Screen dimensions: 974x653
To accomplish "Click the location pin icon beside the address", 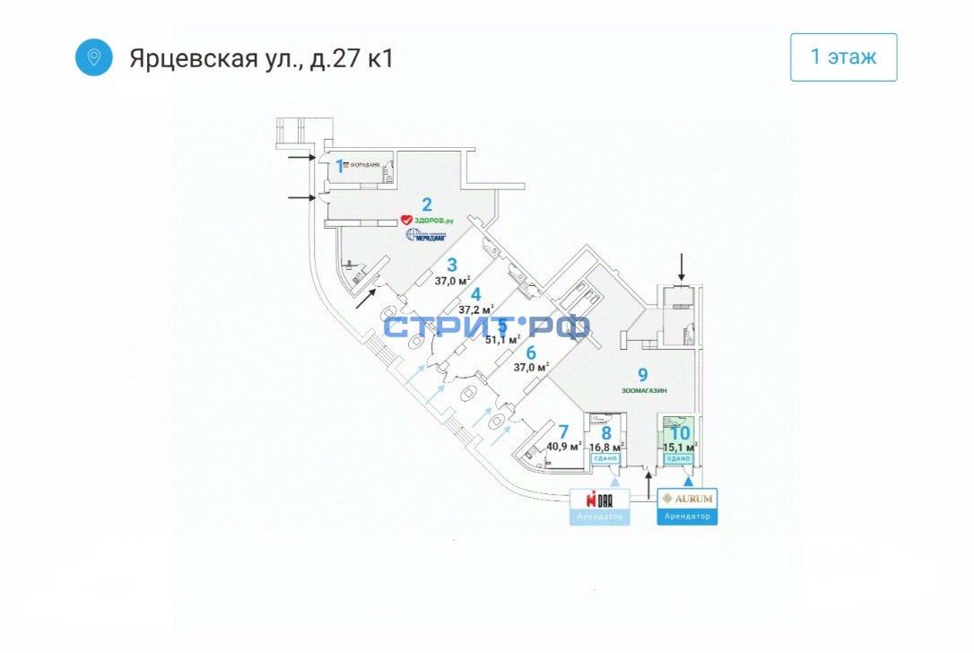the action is tap(93, 57).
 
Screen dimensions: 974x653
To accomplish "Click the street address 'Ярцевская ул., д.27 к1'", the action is tap(261, 58).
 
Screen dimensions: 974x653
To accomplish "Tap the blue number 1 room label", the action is tap(340, 165).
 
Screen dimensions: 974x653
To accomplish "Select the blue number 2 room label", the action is tap(427, 203).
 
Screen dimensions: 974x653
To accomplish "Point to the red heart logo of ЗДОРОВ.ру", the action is tap(405, 219).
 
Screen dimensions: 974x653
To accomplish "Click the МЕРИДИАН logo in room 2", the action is tap(427, 235).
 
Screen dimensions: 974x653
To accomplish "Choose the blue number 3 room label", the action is tap(452, 265).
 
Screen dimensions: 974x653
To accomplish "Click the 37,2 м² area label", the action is tap(476, 309).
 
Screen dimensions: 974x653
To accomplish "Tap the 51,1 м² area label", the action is tap(502, 339).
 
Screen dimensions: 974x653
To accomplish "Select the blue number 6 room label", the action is tap(530, 353).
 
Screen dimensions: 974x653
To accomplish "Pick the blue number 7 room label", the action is tap(563, 431).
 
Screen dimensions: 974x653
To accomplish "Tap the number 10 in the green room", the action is tap(680, 431).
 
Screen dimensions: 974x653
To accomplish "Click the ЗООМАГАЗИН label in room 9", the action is tap(643, 390).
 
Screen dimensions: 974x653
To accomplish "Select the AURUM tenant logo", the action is tap(688, 498).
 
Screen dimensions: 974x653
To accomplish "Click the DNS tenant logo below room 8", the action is tap(600, 499).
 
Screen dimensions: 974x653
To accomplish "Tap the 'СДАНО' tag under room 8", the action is tap(606, 458).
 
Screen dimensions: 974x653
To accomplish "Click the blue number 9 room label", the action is tap(642, 375).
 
